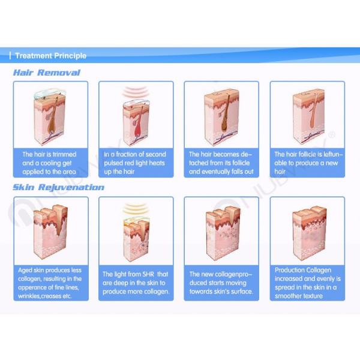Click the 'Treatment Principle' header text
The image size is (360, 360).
pos(50,56)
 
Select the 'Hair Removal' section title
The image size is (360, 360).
pos(46,73)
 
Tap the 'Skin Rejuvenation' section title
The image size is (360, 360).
pos(58,187)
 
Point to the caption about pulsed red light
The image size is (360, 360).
pos(135,163)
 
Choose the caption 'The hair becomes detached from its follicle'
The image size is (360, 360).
pos(221,163)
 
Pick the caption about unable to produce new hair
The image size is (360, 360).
pos(306,163)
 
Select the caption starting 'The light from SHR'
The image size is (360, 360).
pos(136,283)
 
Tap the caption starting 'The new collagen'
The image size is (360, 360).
pos(221,283)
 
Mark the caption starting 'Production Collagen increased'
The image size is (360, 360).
pos(306,283)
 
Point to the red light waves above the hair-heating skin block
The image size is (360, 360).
pos(136,92)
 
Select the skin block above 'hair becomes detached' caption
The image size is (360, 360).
pos(220,115)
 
